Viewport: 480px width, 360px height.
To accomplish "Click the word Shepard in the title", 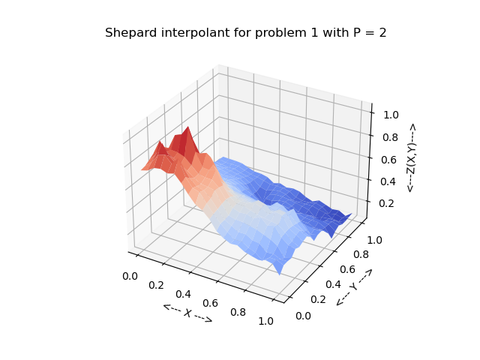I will tap(129, 33).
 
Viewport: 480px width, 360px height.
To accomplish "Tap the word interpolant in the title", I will tap(187, 33).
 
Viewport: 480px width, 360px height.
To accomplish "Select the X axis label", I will tap(187, 313).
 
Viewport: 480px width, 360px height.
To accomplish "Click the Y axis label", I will tap(354, 286).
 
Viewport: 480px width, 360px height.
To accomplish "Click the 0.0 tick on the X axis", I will tap(129, 276).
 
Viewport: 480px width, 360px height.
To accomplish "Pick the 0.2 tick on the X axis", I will tap(157, 285).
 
